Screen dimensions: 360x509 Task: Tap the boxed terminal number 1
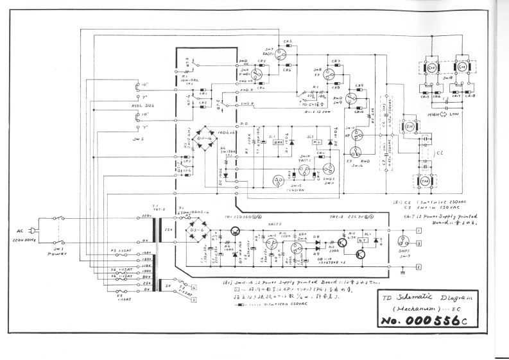point(418,229)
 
